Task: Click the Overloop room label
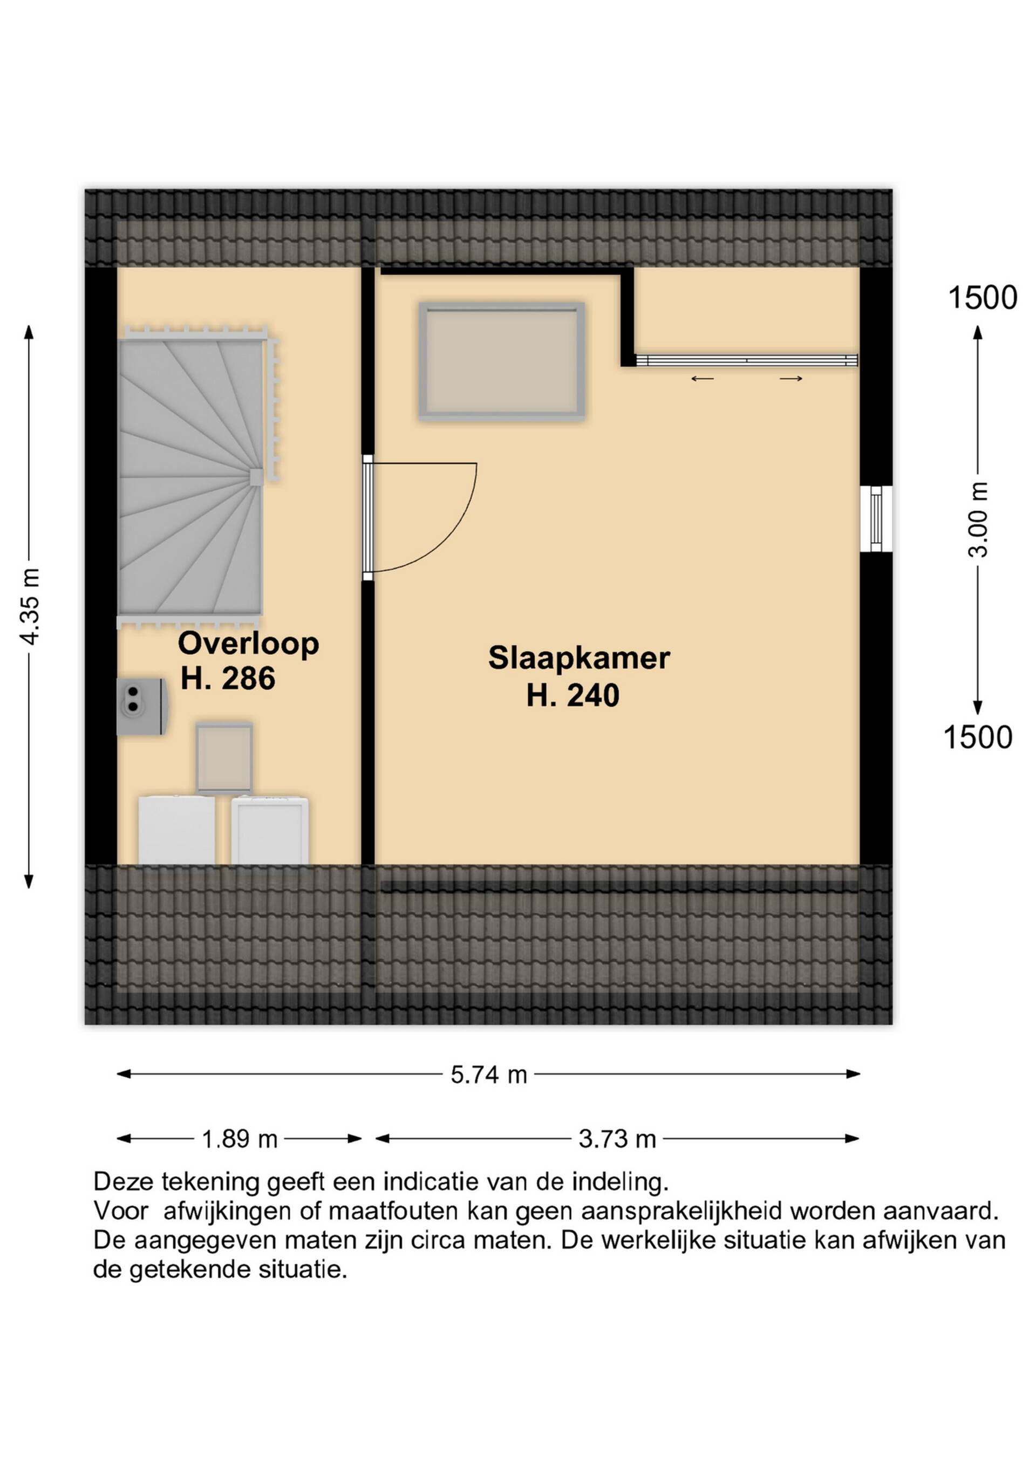(248, 645)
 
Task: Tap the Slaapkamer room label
(579, 659)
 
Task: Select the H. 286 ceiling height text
(228, 679)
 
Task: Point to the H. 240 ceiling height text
(573, 696)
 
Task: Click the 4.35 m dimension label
(31, 606)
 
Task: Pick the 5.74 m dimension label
(489, 1075)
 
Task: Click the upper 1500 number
(983, 298)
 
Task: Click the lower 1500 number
(977, 738)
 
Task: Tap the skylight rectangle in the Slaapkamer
(501, 361)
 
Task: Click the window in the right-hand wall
(876, 518)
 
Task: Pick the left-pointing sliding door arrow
(703, 379)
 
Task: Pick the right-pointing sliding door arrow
(791, 379)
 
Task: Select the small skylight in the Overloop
(224, 759)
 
